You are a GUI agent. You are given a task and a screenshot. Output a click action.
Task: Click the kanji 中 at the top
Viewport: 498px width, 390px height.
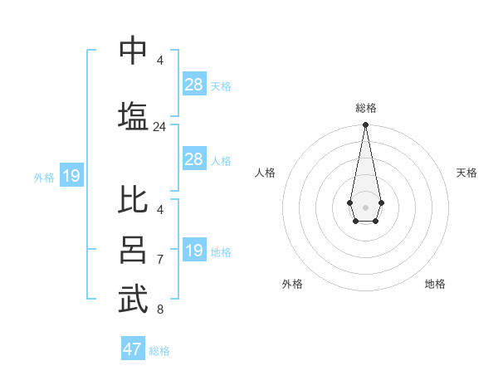133,50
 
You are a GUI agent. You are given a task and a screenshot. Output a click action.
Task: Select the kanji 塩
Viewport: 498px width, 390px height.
133,116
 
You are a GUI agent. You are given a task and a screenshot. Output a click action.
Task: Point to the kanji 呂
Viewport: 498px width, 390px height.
133,250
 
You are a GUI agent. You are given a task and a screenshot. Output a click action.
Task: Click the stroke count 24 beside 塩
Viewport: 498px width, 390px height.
159,127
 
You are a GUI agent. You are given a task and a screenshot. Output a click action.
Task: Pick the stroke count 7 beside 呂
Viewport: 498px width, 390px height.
159,260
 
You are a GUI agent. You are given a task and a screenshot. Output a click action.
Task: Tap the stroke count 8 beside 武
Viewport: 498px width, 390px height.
159,310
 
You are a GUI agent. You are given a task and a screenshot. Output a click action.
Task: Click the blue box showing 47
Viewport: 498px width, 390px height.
133,349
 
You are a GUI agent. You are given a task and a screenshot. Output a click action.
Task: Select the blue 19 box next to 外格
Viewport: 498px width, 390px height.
71,176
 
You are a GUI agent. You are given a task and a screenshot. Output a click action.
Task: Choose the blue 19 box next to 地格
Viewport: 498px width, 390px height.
193,251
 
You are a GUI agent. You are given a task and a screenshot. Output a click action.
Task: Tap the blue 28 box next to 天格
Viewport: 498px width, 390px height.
193,85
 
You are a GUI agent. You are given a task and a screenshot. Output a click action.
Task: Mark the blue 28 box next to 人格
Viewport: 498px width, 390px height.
193,159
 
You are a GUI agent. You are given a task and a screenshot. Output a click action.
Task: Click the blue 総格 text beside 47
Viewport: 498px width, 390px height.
159,351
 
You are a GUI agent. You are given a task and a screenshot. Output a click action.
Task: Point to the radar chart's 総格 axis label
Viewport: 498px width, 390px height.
365,108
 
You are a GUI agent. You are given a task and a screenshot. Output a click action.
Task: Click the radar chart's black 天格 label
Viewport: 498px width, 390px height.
466,173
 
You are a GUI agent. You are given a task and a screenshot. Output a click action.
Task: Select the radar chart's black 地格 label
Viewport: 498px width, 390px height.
435,284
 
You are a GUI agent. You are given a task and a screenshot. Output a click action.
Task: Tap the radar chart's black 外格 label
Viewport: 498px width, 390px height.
292,284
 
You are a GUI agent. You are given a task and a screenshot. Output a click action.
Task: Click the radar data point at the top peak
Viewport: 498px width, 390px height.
365,125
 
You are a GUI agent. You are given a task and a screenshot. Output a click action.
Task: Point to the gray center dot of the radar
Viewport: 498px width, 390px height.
365,206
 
